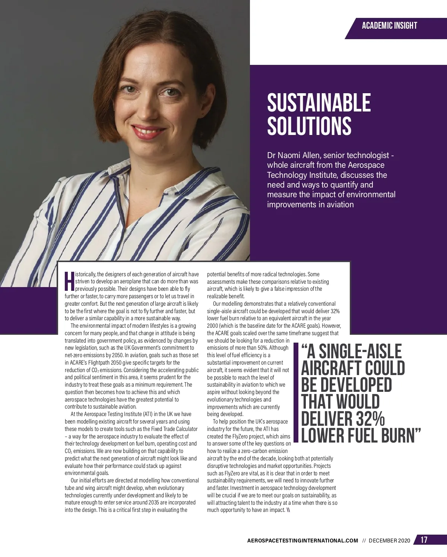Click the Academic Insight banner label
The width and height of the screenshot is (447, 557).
389,26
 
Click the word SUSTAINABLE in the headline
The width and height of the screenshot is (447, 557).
319,103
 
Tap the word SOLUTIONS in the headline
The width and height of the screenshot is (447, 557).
309,126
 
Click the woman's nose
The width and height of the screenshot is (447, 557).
143,109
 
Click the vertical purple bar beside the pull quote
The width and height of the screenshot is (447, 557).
296,393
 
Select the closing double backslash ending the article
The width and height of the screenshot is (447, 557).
288,510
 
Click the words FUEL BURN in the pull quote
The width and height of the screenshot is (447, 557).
376,435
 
